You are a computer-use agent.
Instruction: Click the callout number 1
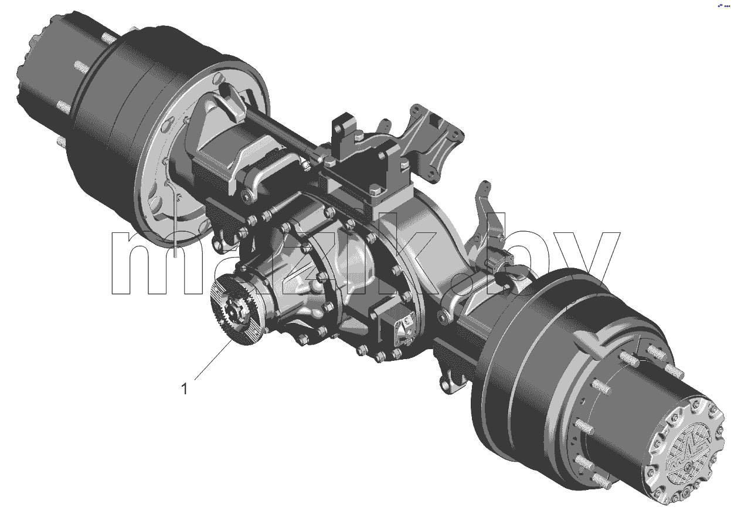185,389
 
